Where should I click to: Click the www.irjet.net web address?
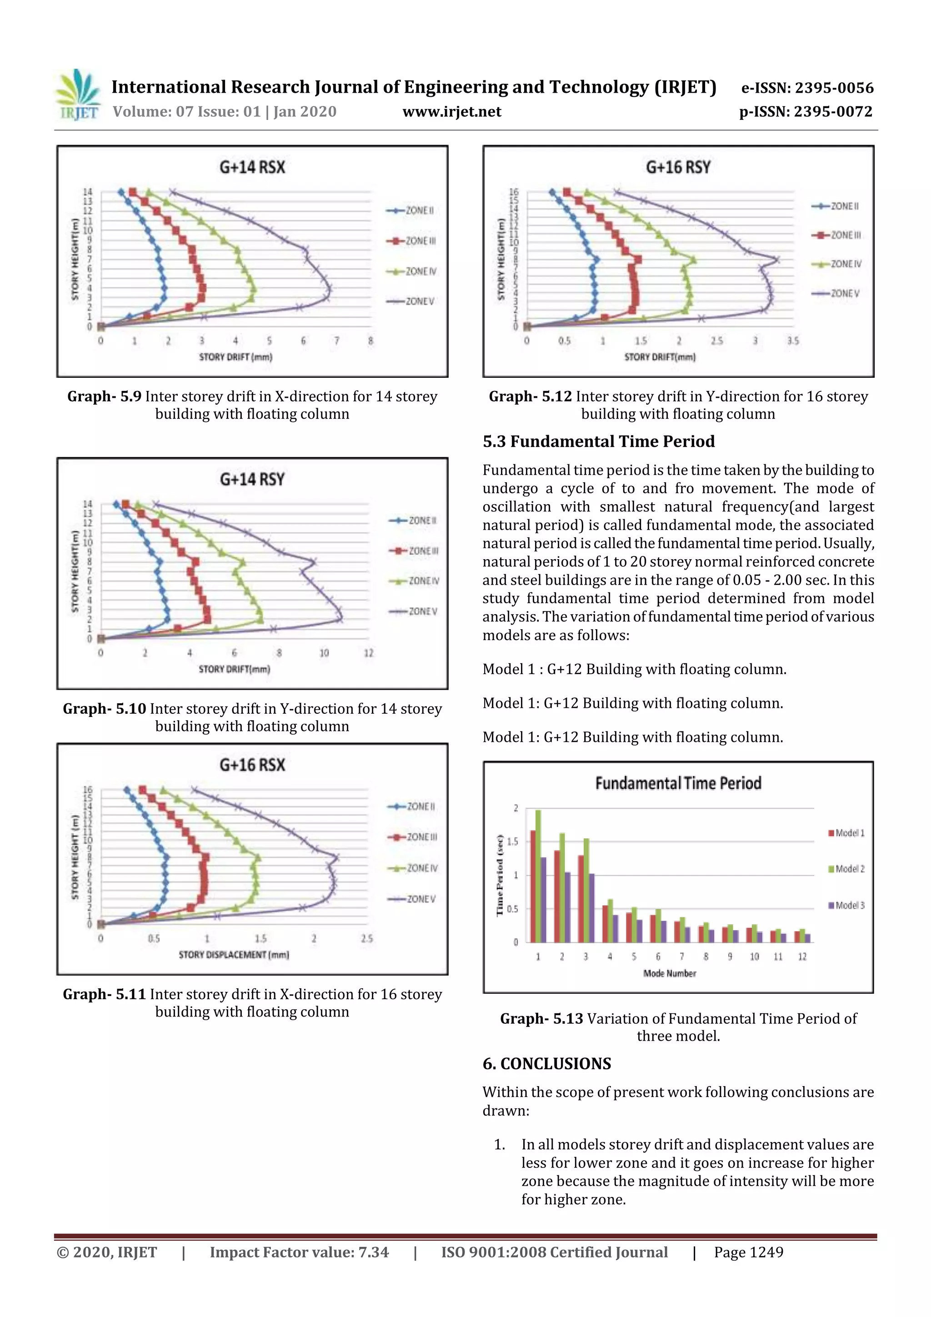tap(451, 112)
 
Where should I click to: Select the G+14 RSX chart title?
tap(252, 167)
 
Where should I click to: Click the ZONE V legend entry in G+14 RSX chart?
tap(411, 301)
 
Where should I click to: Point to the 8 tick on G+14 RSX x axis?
tap(370, 341)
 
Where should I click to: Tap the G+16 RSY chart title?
tap(678, 167)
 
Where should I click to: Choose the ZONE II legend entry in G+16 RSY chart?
tap(836, 206)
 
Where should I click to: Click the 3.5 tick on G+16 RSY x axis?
tap(793, 341)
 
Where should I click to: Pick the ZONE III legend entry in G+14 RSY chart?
tap(414, 551)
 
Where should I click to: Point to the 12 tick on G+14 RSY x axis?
tap(368, 653)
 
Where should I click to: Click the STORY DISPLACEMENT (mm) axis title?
tap(234, 955)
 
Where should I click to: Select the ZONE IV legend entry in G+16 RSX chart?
tap(413, 868)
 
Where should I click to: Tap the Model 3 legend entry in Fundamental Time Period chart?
tap(847, 905)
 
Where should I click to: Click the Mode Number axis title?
tap(670, 973)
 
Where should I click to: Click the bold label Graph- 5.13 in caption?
tap(541, 1019)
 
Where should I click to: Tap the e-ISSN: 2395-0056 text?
tap(807, 88)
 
